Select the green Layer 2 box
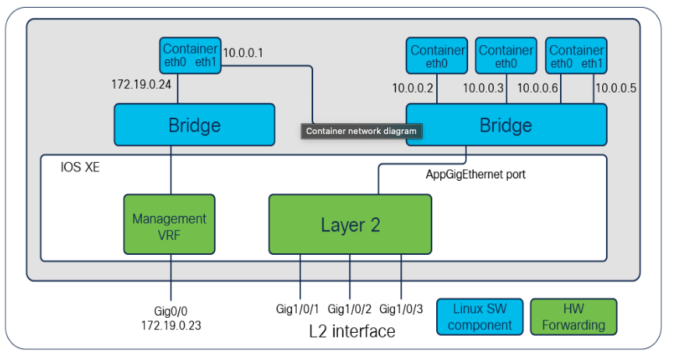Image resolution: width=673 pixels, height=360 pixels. pos(350,224)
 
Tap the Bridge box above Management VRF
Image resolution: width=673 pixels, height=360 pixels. pos(194,125)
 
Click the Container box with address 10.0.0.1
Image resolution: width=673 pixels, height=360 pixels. pos(190,55)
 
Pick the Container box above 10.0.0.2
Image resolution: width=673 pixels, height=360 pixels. pos(436,56)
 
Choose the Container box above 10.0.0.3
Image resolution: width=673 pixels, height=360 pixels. pos(506,56)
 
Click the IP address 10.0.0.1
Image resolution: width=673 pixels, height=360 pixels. pos(243,54)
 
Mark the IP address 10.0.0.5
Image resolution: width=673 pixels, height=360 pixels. pos(615,88)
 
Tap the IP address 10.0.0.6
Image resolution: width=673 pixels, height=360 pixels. pos(537,88)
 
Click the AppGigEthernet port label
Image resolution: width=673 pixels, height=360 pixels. pos(475,175)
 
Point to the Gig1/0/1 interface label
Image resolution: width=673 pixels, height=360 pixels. pos(299,309)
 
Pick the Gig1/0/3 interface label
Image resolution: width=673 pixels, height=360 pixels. pos(402,309)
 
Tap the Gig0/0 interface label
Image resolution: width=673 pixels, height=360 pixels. pos(171,311)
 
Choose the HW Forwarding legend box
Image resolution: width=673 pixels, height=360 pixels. pos(573,316)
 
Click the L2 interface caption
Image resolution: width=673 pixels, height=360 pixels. pos(352,331)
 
